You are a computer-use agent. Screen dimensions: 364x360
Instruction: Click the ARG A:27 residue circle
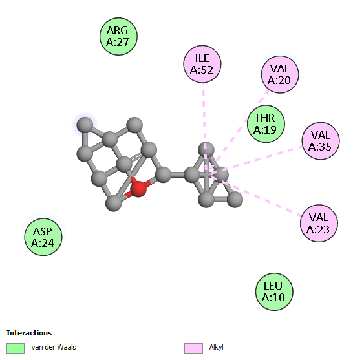click(118, 36)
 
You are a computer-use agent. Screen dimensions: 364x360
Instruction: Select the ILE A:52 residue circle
click(202, 64)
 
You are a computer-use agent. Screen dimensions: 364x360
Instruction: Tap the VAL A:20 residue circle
click(280, 74)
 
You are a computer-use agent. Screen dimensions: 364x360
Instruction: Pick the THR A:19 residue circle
click(266, 123)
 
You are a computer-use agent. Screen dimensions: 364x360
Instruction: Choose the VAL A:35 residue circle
click(321, 141)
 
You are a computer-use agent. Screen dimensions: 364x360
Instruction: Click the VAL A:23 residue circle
click(319, 223)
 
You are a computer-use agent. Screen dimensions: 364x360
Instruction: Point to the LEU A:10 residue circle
click(274, 291)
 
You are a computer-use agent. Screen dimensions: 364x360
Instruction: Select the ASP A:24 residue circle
click(43, 237)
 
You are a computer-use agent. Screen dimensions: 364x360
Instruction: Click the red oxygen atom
click(138, 189)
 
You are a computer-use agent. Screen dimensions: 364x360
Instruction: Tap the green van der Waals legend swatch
click(16, 348)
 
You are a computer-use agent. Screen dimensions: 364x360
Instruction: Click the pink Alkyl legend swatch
click(193, 348)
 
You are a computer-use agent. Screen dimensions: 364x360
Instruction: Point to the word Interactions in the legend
click(29, 333)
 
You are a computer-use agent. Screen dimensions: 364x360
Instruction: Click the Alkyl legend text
click(216, 347)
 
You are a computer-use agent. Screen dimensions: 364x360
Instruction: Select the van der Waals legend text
click(54, 347)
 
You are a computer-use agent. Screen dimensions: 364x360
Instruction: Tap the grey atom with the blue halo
click(85, 125)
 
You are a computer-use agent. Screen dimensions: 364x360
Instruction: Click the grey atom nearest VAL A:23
click(235, 199)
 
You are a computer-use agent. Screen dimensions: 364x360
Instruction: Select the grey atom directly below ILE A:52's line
click(206, 150)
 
